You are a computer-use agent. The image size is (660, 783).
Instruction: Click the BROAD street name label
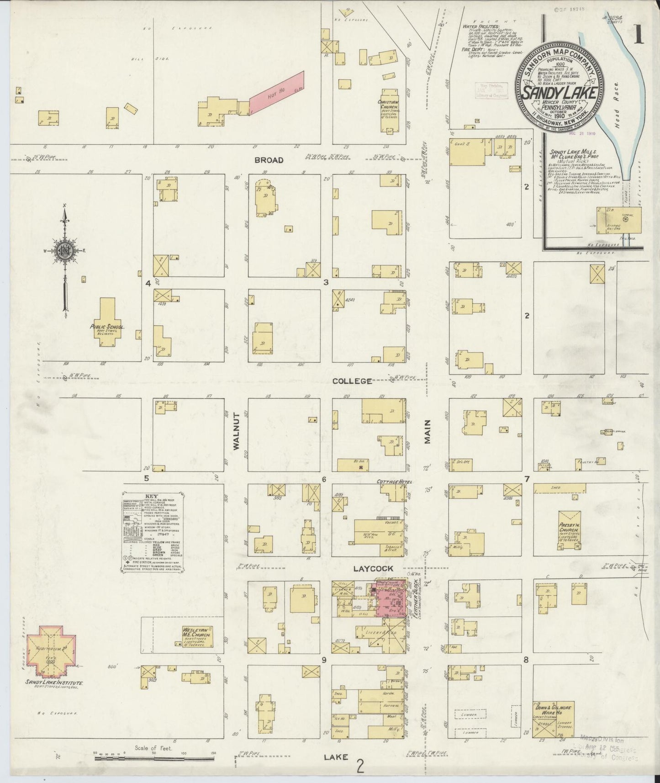tap(269, 160)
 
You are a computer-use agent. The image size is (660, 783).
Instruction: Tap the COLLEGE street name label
tap(352, 381)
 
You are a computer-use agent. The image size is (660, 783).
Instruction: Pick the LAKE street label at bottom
tap(336, 757)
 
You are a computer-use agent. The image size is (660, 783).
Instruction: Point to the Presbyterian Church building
tap(569, 529)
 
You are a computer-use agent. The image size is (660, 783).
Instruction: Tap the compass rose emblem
tap(65, 250)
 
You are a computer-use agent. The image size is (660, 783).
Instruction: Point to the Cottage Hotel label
tap(395, 482)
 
